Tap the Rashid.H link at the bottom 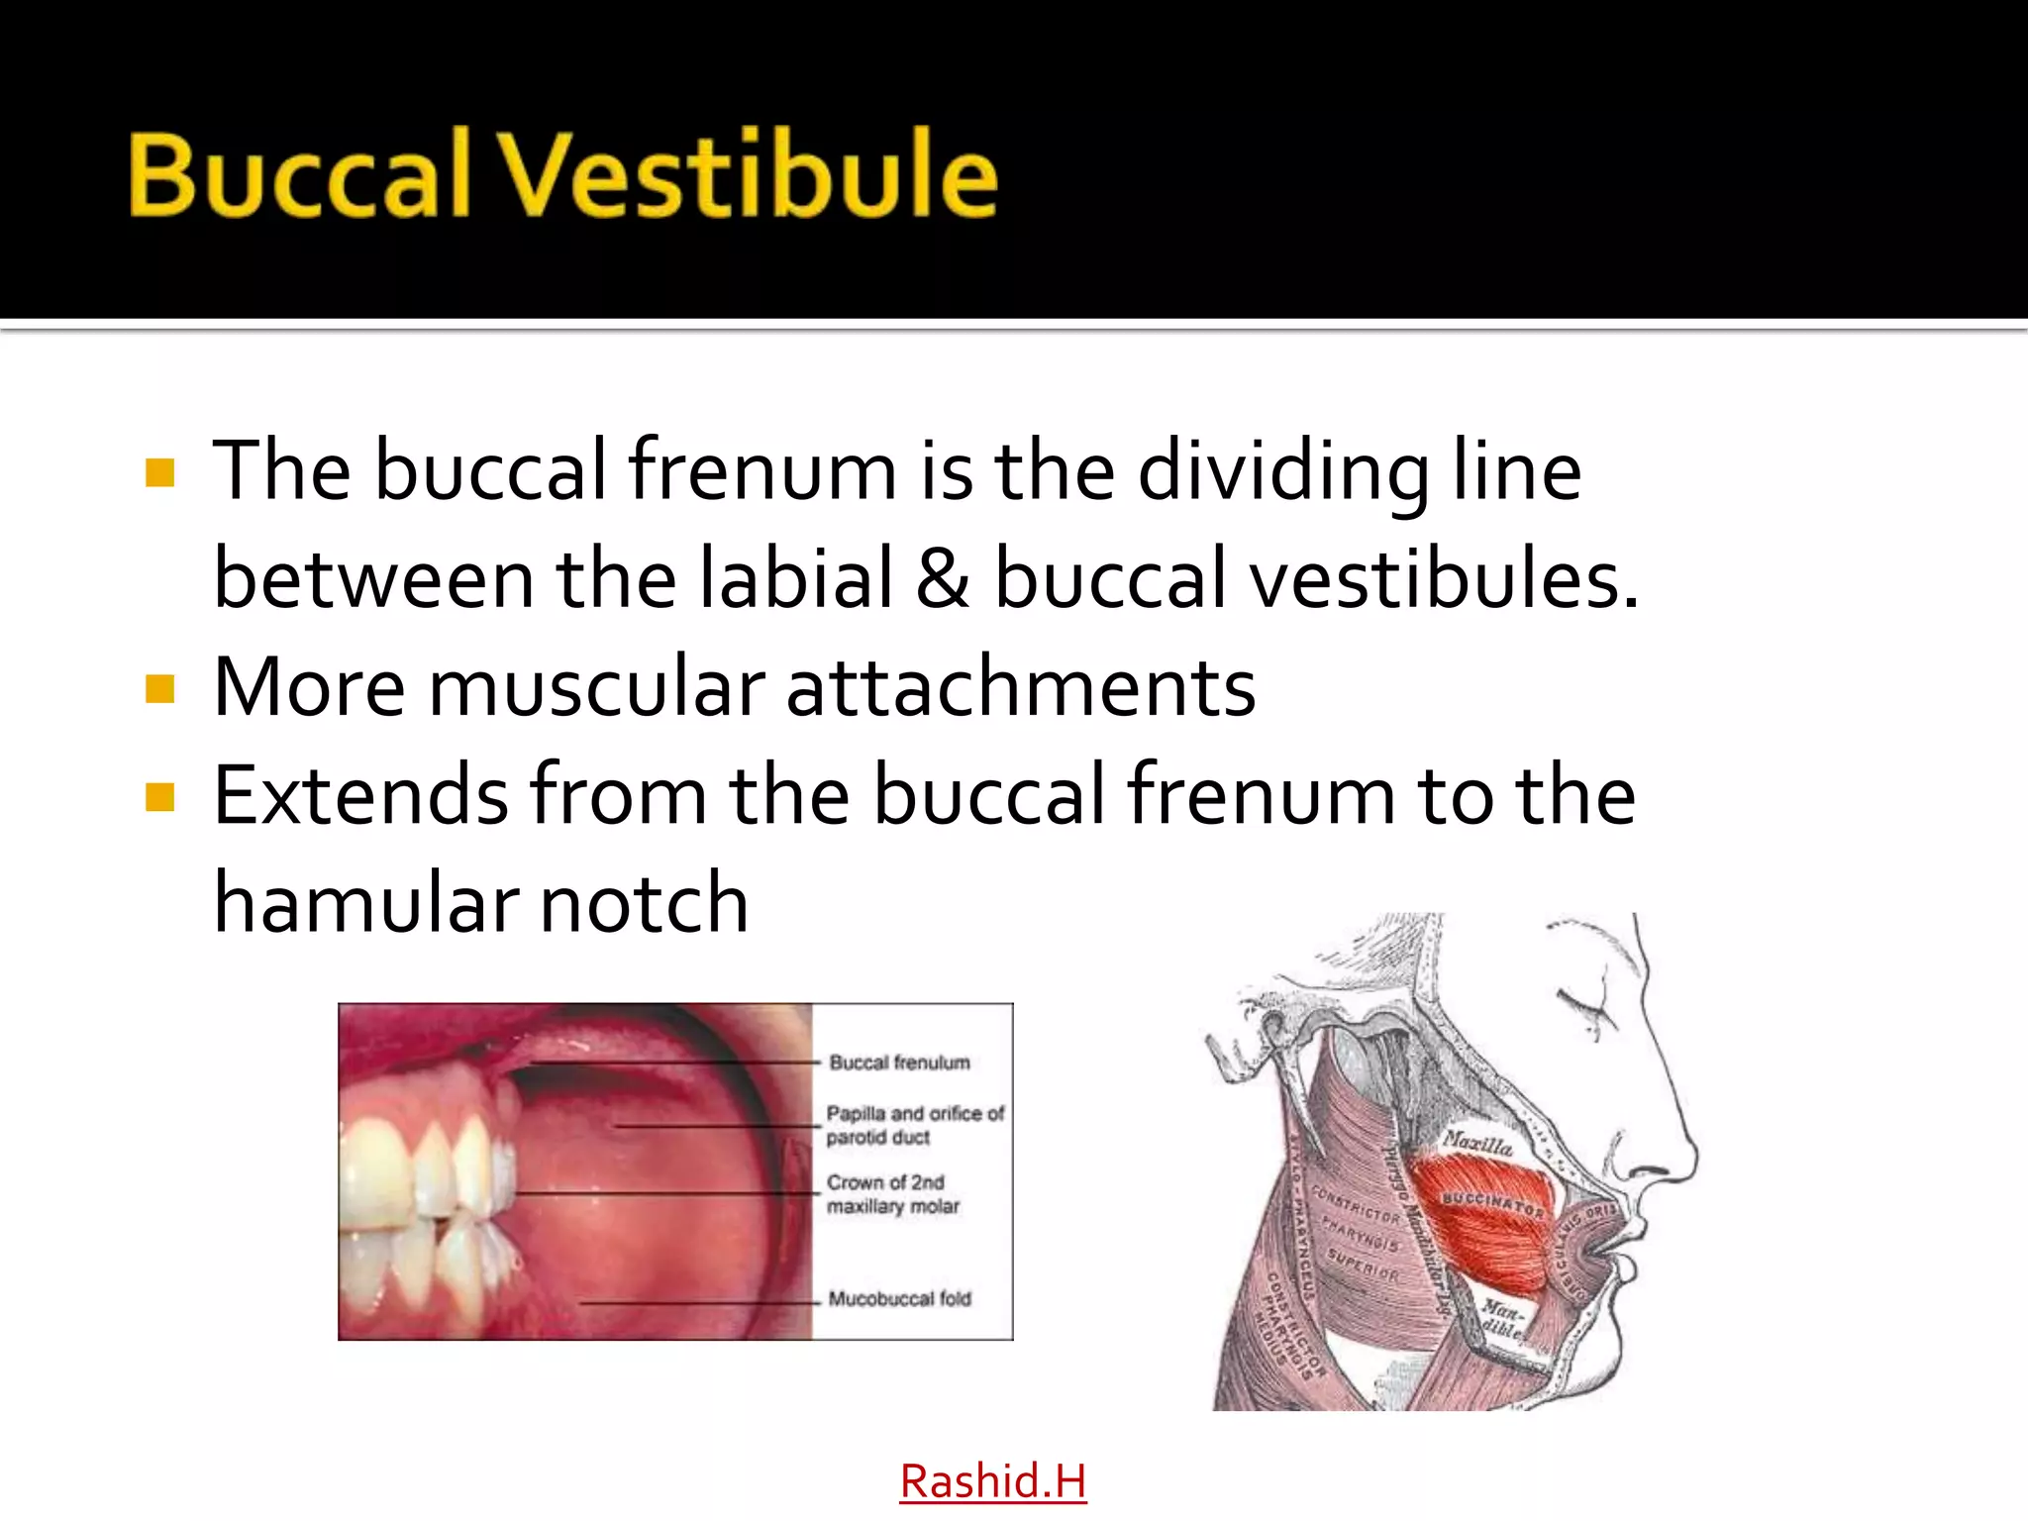click(x=992, y=1481)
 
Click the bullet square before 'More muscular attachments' click(x=159, y=688)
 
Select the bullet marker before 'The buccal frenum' click(x=159, y=472)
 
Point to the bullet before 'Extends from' click(x=159, y=797)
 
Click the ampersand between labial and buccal click(x=942, y=578)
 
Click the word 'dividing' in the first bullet click(x=1283, y=471)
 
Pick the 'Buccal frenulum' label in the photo click(x=899, y=1063)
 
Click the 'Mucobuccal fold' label click(x=899, y=1298)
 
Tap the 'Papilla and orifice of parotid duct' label click(x=914, y=1125)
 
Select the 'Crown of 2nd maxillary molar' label click(x=893, y=1194)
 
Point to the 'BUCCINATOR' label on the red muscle click(x=1492, y=1204)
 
